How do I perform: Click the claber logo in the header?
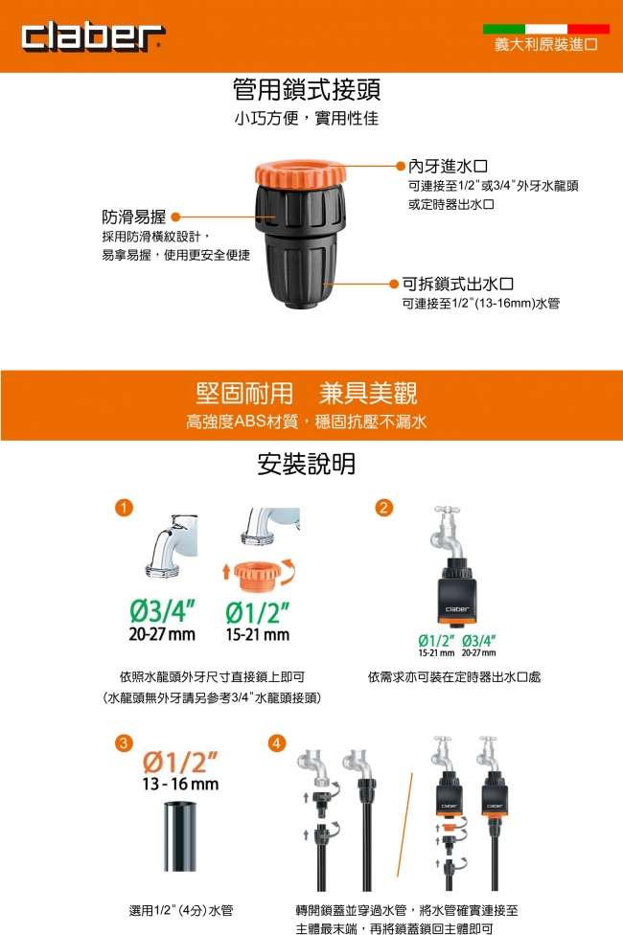(x=93, y=37)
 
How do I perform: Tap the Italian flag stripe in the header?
(x=546, y=29)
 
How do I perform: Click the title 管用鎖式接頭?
(x=307, y=89)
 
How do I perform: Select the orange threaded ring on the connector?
(x=300, y=172)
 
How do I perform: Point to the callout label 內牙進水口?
(x=449, y=167)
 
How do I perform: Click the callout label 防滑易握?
(x=133, y=217)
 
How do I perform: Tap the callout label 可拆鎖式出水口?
(x=458, y=284)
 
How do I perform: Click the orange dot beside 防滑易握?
(x=175, y=217)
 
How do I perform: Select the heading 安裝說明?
(x=306, y=464)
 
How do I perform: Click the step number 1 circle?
(x=124, y=508)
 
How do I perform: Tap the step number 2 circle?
(x=383, y=508)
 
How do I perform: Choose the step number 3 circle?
(x=124, y=743)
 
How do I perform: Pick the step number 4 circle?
(x=277, y=743)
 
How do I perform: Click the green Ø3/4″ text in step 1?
(x=162, y=610)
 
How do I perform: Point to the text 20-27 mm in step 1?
(x=162, y=634)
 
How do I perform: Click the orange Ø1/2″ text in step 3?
(x=180, y=762)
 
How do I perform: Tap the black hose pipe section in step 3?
(x=179, y=836)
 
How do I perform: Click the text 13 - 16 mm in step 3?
(x=180, y=784)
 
